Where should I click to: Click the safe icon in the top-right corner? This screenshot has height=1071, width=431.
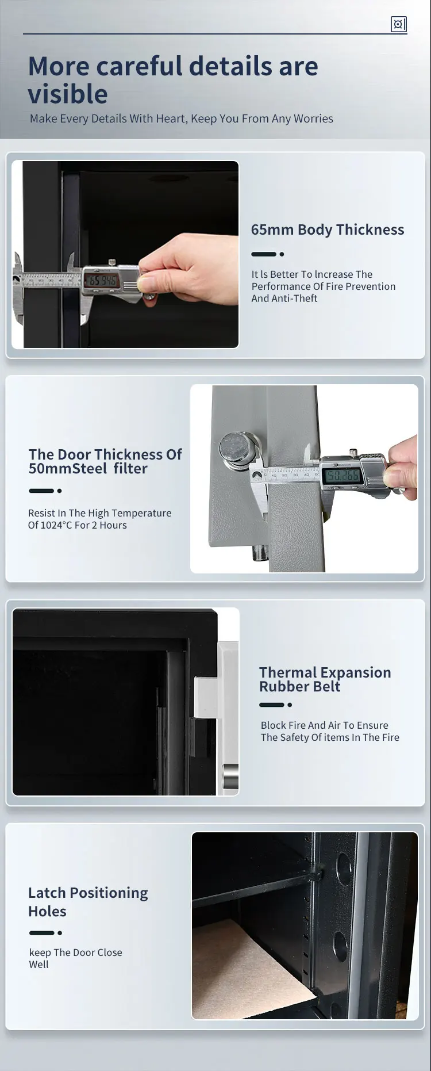pyautogui.click(x=398, y=24)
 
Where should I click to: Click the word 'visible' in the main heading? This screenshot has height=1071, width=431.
pyautogui.click(x=68, y=94)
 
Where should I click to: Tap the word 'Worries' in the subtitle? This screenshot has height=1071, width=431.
pyautogui.click(x=313, y=118)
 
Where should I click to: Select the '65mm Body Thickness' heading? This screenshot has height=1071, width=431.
pyautogui.click(x=327, y=229)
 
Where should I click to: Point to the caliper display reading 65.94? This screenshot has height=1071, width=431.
pyautogui.click(x=102, y=281)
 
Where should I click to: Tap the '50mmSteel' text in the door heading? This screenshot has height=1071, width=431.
pyautogui.click(x=68, y=469)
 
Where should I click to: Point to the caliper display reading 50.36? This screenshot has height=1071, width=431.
pyautogui.click(x=342, y=476)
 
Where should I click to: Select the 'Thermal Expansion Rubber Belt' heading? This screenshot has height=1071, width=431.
pyautogui.click(x=325, y=679)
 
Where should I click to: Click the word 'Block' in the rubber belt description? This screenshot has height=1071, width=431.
pyautogui.click(x=273, y=725)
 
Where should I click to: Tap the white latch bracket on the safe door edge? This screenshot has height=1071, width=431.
pyautogui.click(x=205, y=697)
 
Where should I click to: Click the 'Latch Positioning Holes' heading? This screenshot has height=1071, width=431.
pyautogui.click(x=88, y=901)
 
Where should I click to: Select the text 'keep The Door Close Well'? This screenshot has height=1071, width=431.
pyautogui.click(x=75, y=958)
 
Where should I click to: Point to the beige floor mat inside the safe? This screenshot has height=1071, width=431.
pyautogui.click(x=253, y=973)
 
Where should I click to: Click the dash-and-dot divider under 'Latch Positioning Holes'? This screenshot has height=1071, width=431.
pyautogui.click(x=45, y=933)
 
